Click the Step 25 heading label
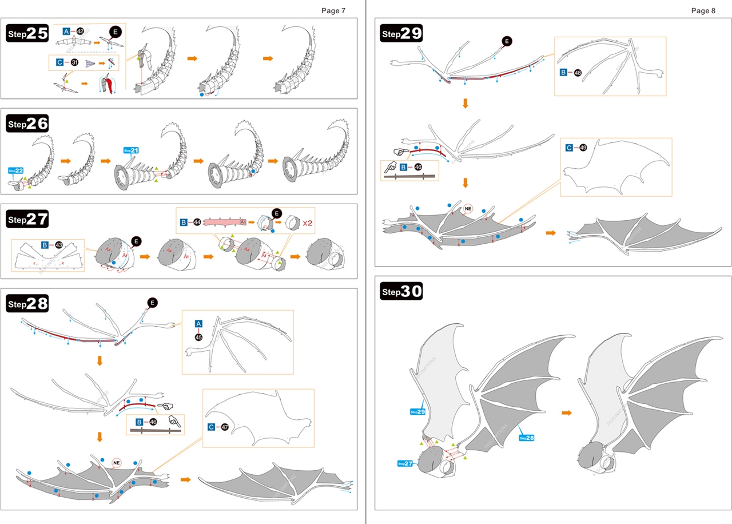pyautogui.click(x=27, y=34)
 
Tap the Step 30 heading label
pyautogui.click(x=401, y=292)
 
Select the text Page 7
pyautogui.click(x=333, y=10)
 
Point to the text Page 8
pyautogui.click(x=703, y=10)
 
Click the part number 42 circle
pyautogui.click(x=80, y=31)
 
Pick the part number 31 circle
pyautogui.click(x=74, y=62)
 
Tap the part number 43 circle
pyautogui.click(x=59, y=245)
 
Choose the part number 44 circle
pyautogui.click(x=197, y=221)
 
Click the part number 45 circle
pyautogui.click(x=198, y=338)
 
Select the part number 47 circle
pyautogui.click(x=225, y=427)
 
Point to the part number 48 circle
pyautogui.click(x=578, y=73)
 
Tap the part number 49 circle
pyautogui.click(x=583, y=147)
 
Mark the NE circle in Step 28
pyautogui.click(x=117, y=462)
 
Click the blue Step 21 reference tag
pyautogui.click(x=131, y=150)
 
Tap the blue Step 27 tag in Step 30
pyautogui.click(x=405, y=463)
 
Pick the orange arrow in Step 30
pyautogui.click(x=567, y=412)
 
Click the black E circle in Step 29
pyautogui.click(x=506, y=41)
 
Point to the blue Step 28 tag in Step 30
pyautogui.click(x=526, y=438)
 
